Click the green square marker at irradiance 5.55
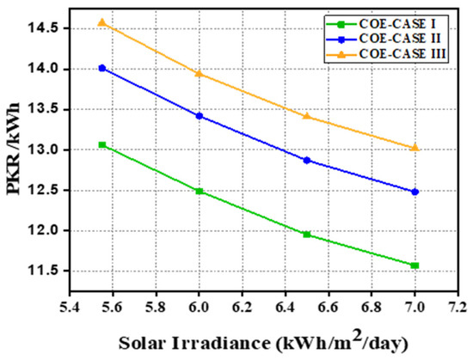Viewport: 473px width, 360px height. (x=102, y=144)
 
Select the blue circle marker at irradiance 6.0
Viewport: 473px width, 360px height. (x=200, y=116)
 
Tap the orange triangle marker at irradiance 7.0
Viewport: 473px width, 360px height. (x=415, y=147)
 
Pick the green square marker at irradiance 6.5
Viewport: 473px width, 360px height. (x=307, y=234)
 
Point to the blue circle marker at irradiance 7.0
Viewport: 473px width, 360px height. (x=415, y=192)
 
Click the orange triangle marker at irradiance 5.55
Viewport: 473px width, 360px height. (x=102, y=22)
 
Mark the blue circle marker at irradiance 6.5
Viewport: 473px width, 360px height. (x=307, y=161)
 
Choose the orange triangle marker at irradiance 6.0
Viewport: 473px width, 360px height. (x=200, y=73)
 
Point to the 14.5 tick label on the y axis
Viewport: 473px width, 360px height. (x=44, y=28)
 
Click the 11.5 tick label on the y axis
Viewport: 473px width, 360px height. (x=44, y=271)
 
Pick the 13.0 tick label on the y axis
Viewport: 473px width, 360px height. (x=44, y=149)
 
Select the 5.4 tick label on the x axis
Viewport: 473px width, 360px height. (x=70, y=308)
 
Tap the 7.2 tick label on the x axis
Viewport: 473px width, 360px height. (x=458, y=308)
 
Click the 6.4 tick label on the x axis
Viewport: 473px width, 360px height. (x=285, y=308)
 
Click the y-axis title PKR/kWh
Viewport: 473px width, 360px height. (x=13, y=149)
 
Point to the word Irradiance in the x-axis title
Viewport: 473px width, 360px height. (x=220, y=344)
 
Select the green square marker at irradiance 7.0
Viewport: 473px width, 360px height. (x=415, y=265)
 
